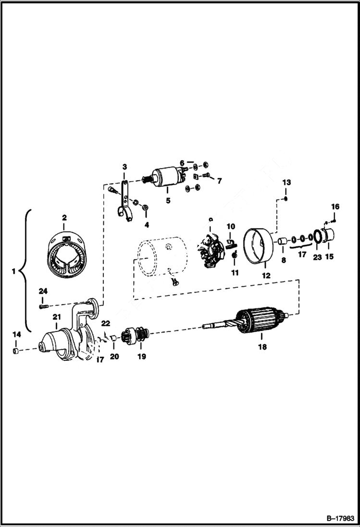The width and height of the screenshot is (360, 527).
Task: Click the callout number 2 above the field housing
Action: click(x=64, y=218)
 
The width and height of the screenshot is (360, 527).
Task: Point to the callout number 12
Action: click(x=266, y=276)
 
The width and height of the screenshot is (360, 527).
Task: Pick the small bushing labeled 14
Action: click(x=16, y=353)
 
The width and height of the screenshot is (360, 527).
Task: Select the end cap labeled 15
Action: click(x=330, y=237)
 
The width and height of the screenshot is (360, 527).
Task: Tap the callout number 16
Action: click(x=335, y=207)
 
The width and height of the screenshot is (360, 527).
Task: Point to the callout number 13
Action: click(x=286, y=183)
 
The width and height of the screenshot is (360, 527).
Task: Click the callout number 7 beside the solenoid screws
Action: click(x=219, y=181)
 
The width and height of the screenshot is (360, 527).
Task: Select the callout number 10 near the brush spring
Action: click(x=231, y=226)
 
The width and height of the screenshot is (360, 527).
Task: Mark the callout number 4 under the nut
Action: click(x=146, y=224)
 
